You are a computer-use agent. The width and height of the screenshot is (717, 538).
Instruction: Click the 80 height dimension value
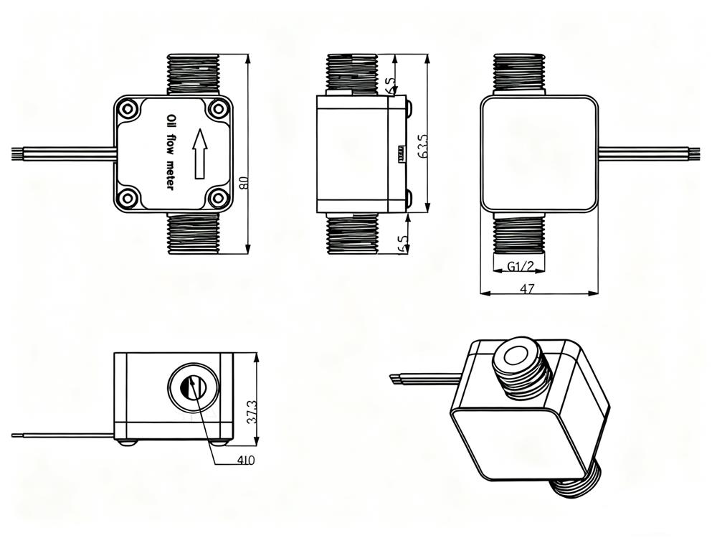244,183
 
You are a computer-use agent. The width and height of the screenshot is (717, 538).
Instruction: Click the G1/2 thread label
519,267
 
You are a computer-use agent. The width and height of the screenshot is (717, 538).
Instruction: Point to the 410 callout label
244,460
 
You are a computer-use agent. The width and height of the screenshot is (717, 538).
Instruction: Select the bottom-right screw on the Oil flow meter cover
217,198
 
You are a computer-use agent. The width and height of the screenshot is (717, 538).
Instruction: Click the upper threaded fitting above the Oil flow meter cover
194,74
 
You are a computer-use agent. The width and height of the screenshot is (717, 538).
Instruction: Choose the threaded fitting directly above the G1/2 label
519,235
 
